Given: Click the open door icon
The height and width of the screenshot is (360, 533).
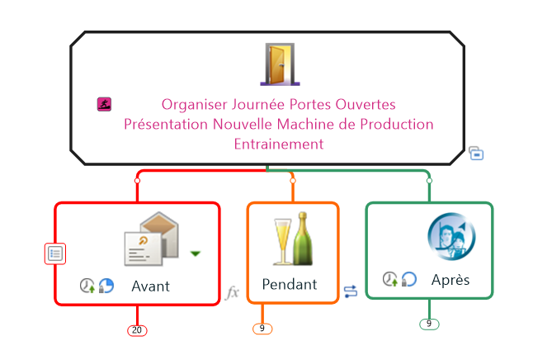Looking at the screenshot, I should click(279, 64).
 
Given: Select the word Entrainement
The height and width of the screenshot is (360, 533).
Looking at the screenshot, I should click(279, 144).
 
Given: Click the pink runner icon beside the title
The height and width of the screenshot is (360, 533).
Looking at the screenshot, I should click(105, 105).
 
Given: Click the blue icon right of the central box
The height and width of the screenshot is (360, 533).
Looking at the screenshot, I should click(476, 153).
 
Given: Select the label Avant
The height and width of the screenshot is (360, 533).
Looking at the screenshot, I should click(150, 287).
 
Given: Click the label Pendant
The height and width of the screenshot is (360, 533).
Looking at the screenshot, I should click(289, 285).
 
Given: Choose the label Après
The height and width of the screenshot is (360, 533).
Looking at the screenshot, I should click(450, 280).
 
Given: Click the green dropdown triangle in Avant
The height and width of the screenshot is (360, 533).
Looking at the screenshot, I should click(196, 253).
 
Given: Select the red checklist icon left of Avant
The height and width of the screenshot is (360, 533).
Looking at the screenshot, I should click(54, 253).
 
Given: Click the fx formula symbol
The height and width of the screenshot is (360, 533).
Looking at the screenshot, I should click(233, 292).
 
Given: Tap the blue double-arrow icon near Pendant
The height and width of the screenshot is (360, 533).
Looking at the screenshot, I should click(351, 291).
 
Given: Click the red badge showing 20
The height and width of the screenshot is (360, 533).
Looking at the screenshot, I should click(137, 330).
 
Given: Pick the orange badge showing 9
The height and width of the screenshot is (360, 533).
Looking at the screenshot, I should click(262, 329).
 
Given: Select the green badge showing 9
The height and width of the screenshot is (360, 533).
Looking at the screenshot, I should click(429, 324).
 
